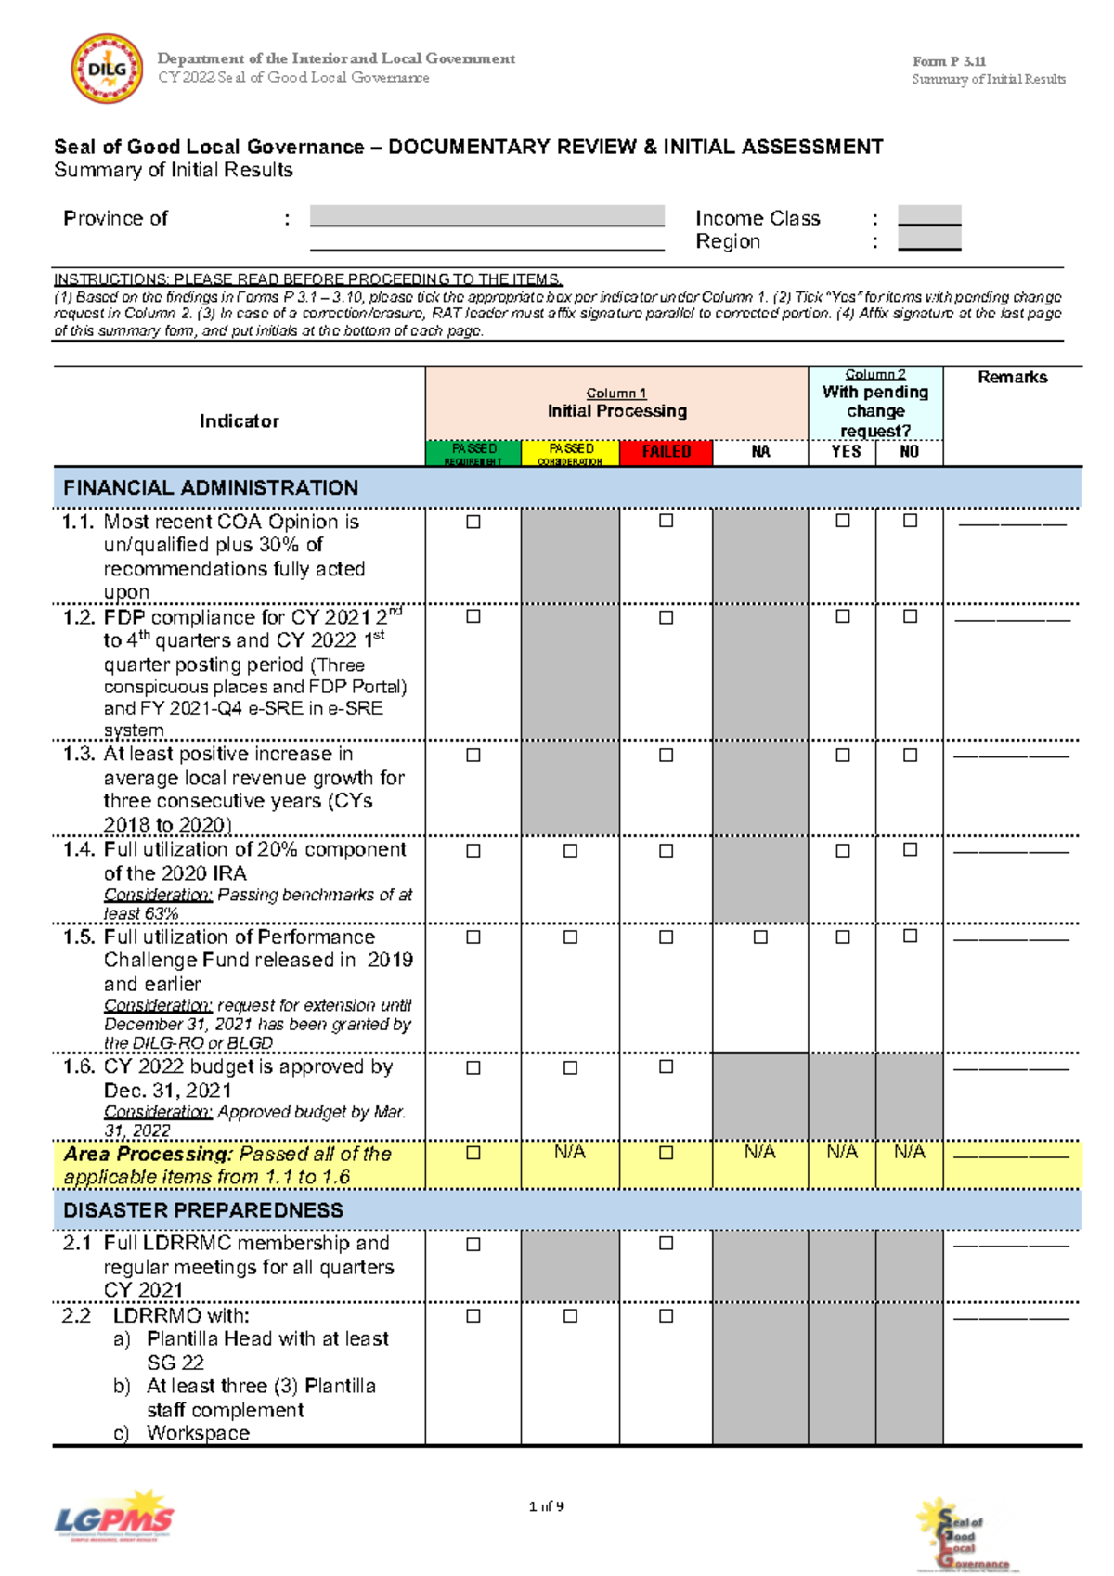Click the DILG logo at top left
pyautogui.click(x=107, y=69)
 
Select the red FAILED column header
pyautogui.click(x=666, y=452)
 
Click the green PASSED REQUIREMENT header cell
pyautogui.click(x=473, y=453)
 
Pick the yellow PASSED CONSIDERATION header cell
pyautogui.click(x=570, y=453)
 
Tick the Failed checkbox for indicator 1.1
pyautogui.click(x=666, y=521)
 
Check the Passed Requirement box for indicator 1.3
pyautogui.click(x=473, y=755)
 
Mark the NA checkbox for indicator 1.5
pyautogui.click(x=760, y=937)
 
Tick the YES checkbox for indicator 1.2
pyautogui.click(x=842, y=616)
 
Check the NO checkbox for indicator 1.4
pyautogui.click(x=910, y=849)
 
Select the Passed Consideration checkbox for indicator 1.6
pyautogui.click(x=570, y=1067)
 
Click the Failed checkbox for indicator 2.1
pyautogui.click(x=666, y=1243)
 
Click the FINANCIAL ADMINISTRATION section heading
pyautogui.click(x=211, y=488)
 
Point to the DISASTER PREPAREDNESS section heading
pyautogui.click(x=203, y=1210)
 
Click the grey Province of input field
pyautogui.click(x=486, y=215)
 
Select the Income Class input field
pyautogui.click(x=929, y=215)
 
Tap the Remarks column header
pyautogui.click(x=1012, y=377)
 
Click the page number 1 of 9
pyautogui.click(x=546, y=1506)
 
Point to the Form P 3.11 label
pyautogui.click(x=949, y=61)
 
